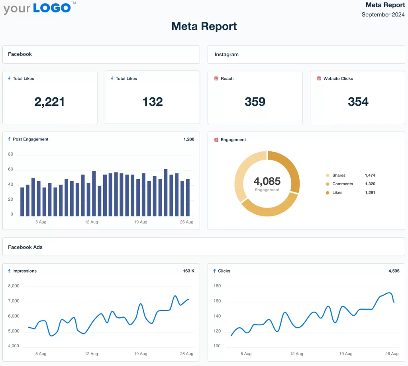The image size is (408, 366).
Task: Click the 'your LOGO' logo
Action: [37, 8]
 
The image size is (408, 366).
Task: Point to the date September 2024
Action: [383, 15]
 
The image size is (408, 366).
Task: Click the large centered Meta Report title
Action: [204, 26]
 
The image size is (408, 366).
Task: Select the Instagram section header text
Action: [226, 55]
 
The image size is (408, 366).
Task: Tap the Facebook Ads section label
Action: [25, 247]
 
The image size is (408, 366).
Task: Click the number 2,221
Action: [50, 102]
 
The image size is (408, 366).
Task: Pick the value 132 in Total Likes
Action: [153, 102]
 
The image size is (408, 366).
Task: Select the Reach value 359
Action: [255, 102]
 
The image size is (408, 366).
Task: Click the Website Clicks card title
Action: [338, 79]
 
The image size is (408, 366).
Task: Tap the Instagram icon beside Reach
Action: [216, 79]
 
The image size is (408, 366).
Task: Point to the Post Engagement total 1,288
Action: [189, 139]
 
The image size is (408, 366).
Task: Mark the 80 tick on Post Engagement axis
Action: [11, 154]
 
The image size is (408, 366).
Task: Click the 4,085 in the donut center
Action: [267, 181]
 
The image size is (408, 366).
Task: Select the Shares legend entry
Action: [339, 176]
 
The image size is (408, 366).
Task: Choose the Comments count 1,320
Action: [370, 184]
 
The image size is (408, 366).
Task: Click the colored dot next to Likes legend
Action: [328, 193]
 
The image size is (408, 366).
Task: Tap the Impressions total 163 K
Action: [189, 271]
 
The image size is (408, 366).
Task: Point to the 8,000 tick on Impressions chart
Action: [14, 286]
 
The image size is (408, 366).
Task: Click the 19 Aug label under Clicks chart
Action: [345, 354]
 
